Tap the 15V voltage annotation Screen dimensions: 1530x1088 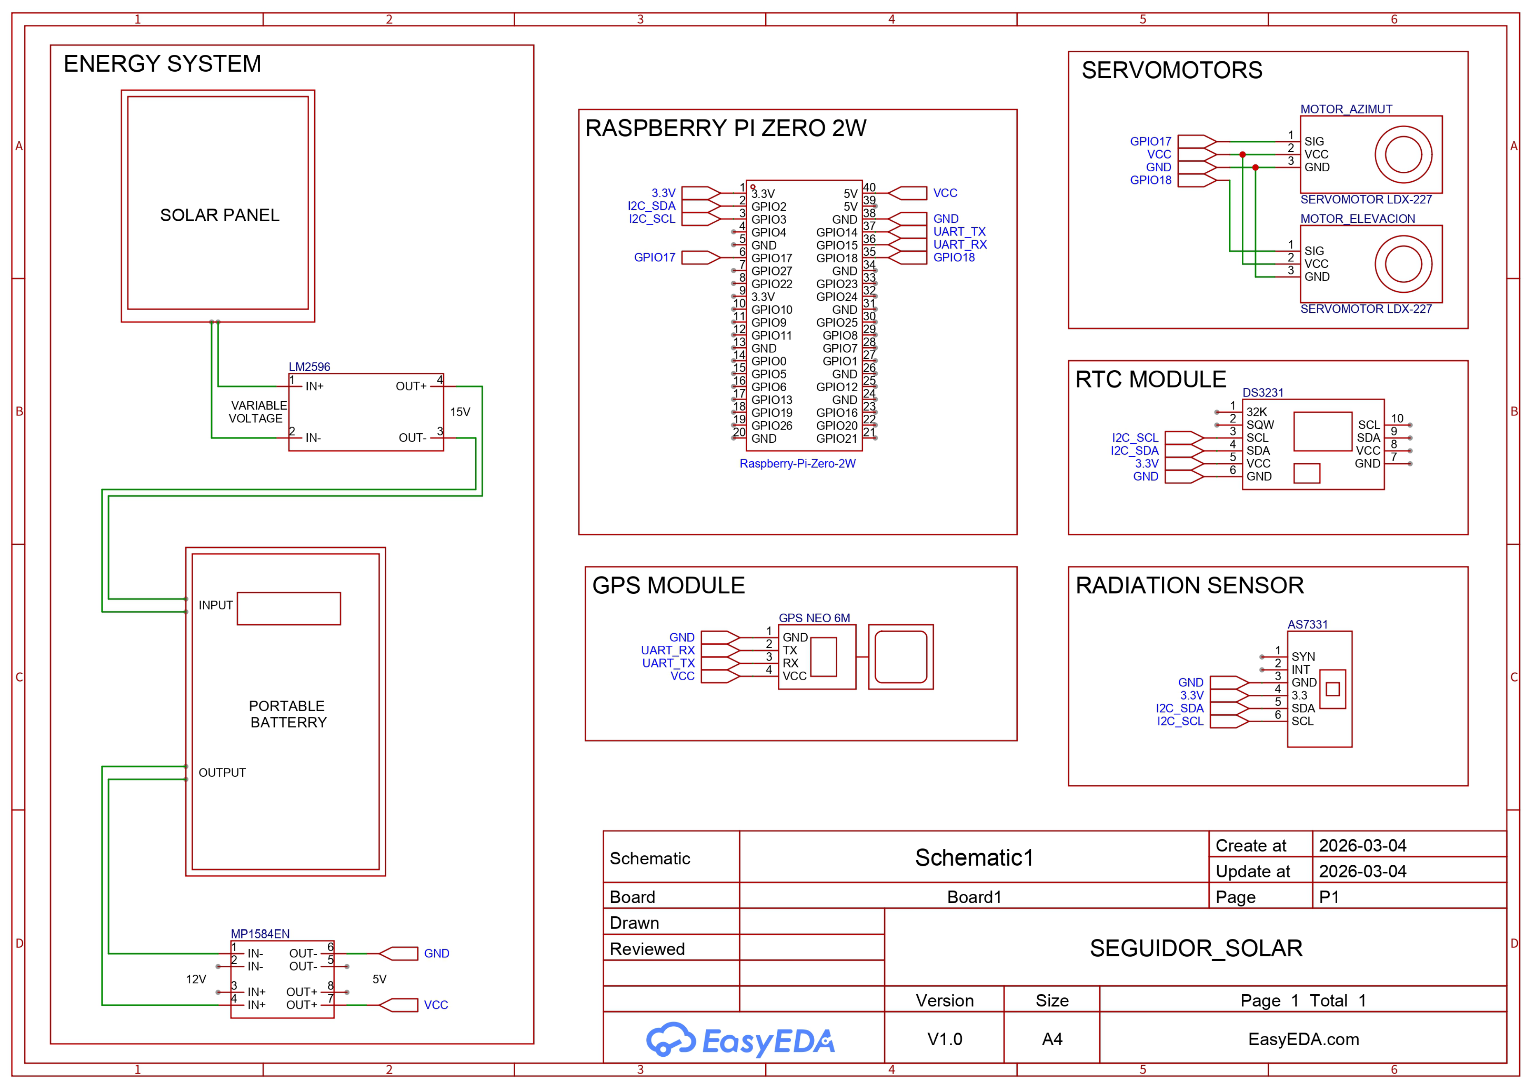pos(460,412)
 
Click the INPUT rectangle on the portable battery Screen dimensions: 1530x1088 pos(289,608)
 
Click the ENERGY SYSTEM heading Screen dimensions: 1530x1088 pos(162,64)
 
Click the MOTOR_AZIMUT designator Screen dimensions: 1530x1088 pos(1346,109)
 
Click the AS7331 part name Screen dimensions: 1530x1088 pos(1307,624)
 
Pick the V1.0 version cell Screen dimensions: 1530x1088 pos(944,1039)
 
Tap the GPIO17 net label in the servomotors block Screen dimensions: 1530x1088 pos(1150,141)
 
